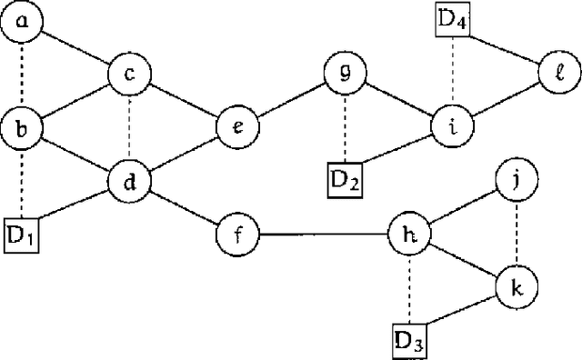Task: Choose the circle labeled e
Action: pos(238,126)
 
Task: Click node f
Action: pos(238,235)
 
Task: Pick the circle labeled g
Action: pos(346,74)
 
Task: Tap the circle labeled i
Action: pos(453,126)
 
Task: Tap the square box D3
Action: pos(410,342)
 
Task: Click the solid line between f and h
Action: pos(324,235)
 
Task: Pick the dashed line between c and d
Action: pos(130,127)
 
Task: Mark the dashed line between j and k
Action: pos(517,235)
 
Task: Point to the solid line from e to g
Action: pos(292,100)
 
